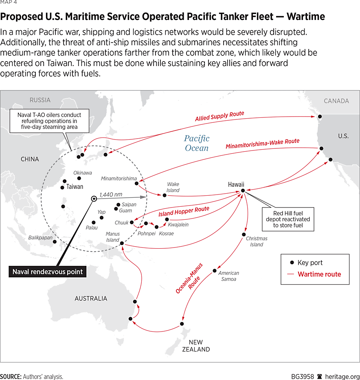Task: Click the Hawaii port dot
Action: pyautogui.click(x=243, y=190)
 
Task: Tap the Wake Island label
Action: pyautogui.click(x=173, y=188)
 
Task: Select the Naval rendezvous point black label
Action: pyautogui.click(x=48, y=272)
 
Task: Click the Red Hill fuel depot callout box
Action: pyautogui.click(x=288, y=219)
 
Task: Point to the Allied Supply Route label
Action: pyautogui.click(x=220, y=116)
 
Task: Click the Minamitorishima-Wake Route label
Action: pyautogui.click(x=262, y=144)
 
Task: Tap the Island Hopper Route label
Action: pyautogui.click(x=184, y=212)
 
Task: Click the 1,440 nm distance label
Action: pyautogui.click(x=111, y=195)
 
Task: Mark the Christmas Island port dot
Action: pyautogui.click(x=244, y=234)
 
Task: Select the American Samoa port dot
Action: pyautogui.click(x=215, y=271)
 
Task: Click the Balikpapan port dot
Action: pyautogui.click(x=55, y=242)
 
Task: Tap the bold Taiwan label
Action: pyautogui.click(x=75, y=187)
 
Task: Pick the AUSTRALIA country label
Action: pyautogui.click(x=91, y=298)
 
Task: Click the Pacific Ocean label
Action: pyautogui.click(x=197, y=143)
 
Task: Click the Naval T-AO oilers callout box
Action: pyautogui.click(x=49, y=121)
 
